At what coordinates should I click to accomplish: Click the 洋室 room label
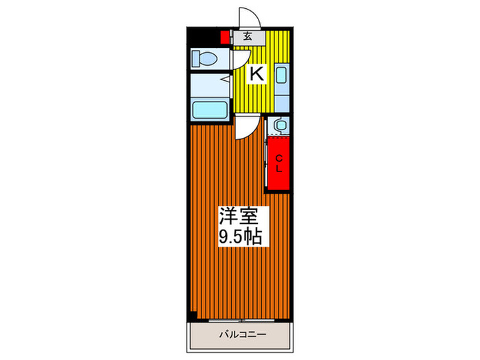coord(239,216)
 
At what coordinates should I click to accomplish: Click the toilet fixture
coord(205,58)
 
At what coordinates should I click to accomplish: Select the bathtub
coord(211,110)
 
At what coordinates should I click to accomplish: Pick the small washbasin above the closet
coord(279,125)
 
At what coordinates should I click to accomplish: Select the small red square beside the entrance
coord(224,38)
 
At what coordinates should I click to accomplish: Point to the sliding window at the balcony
coord(241,320)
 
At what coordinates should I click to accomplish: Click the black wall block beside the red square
coord(204,36)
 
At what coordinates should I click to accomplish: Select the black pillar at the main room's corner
coord(193,315)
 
